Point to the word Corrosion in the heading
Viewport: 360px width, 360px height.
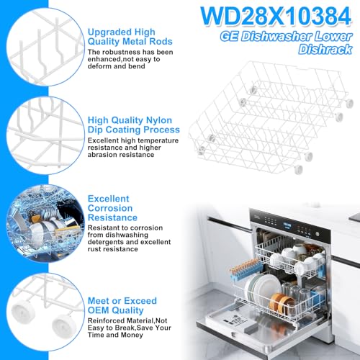[x=112, y=207]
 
